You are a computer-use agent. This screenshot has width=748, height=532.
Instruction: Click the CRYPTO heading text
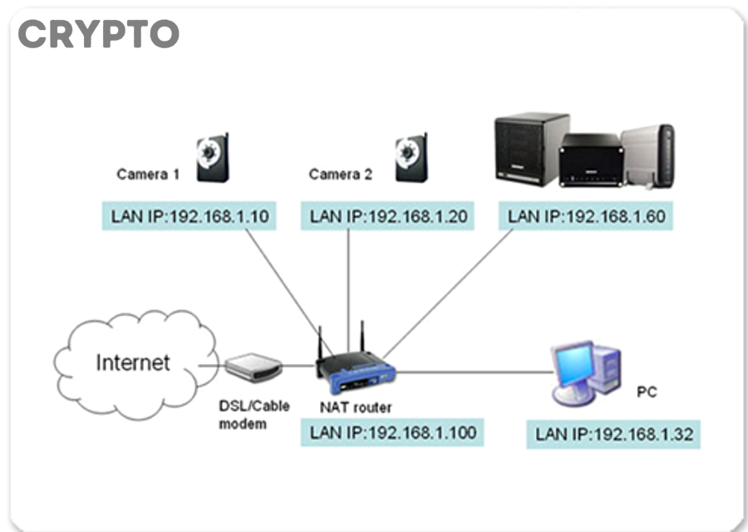coord(98,34)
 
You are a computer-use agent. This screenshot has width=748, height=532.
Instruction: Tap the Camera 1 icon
coord(213,158)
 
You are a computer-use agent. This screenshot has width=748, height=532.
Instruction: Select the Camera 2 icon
coord(411,158)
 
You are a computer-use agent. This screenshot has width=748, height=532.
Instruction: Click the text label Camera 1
coord(148,175)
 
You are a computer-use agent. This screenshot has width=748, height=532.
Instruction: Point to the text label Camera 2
coord(341,175)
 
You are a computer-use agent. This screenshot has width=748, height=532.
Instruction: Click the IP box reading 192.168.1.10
coord(189,217)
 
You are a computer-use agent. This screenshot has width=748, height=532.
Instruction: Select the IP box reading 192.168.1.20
coord(388,217)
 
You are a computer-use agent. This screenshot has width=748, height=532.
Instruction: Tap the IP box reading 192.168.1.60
coord(586,217)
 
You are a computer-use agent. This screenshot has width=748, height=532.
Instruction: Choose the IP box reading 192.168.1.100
coord(392,432)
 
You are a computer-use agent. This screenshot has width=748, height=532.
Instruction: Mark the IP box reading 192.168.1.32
coord(613,434)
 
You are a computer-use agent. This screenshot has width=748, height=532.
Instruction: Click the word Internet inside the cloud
coord(133,363)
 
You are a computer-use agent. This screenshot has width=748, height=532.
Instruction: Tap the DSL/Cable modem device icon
coord(253,367)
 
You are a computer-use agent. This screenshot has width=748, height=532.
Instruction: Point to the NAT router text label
coord(356,407)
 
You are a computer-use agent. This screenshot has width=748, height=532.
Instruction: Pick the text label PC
coord(647,392)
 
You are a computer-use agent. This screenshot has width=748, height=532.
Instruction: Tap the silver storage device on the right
coord(648,155)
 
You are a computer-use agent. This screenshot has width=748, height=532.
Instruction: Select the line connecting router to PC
coord(474,372)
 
